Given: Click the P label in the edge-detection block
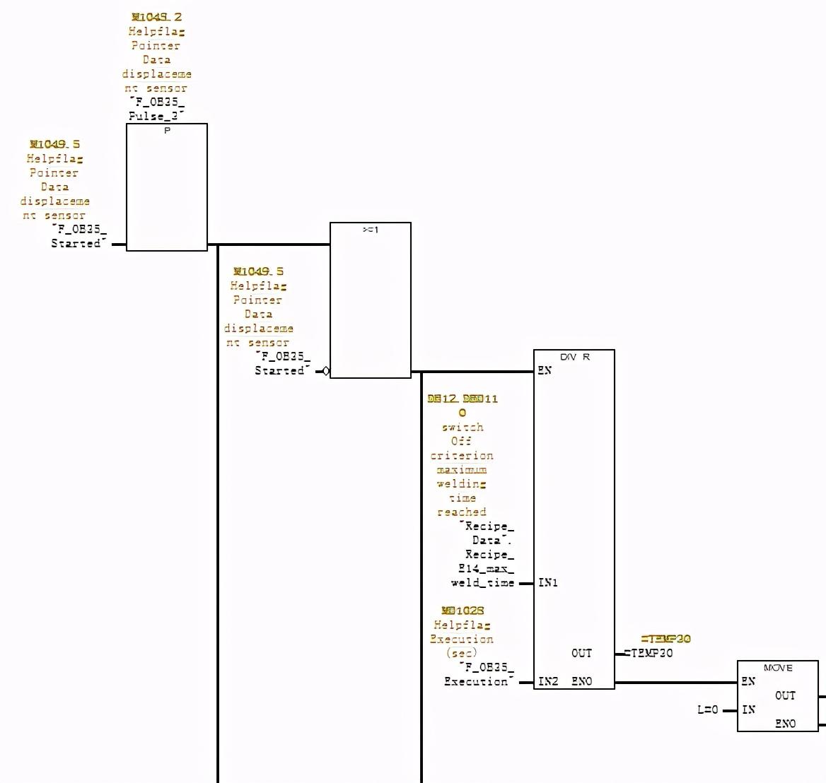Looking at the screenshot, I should click(168, 131).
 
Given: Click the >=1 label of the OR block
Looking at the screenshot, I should click(371, 230).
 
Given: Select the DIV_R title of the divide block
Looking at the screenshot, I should click(574, 357).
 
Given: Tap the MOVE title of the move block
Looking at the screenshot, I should click(778, 668).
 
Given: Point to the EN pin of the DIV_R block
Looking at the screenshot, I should click(545, 370).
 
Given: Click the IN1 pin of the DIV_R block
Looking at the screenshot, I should click(548, 582).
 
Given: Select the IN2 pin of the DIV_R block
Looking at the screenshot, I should click(548, 681).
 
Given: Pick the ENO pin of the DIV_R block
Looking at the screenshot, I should click(582, 681).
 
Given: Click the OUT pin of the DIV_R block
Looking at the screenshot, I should click(582, 653).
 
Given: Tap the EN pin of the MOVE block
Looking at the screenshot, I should click(748, 681).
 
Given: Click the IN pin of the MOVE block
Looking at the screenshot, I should click(748, 710).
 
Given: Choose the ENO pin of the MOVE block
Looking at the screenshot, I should click(785, 724).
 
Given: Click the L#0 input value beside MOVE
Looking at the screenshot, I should click(707, 710).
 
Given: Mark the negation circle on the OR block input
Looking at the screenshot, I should click(325, 371).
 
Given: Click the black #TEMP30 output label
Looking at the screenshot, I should click(648, 653).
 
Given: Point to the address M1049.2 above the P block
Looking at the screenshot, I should click(156, 17).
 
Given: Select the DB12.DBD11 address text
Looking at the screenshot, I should click(463, 399).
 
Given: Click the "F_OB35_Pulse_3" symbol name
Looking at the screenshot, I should click(156, 109).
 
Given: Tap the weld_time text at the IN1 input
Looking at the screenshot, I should click(482, 582).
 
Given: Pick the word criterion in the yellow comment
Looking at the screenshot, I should click(462, 455).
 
